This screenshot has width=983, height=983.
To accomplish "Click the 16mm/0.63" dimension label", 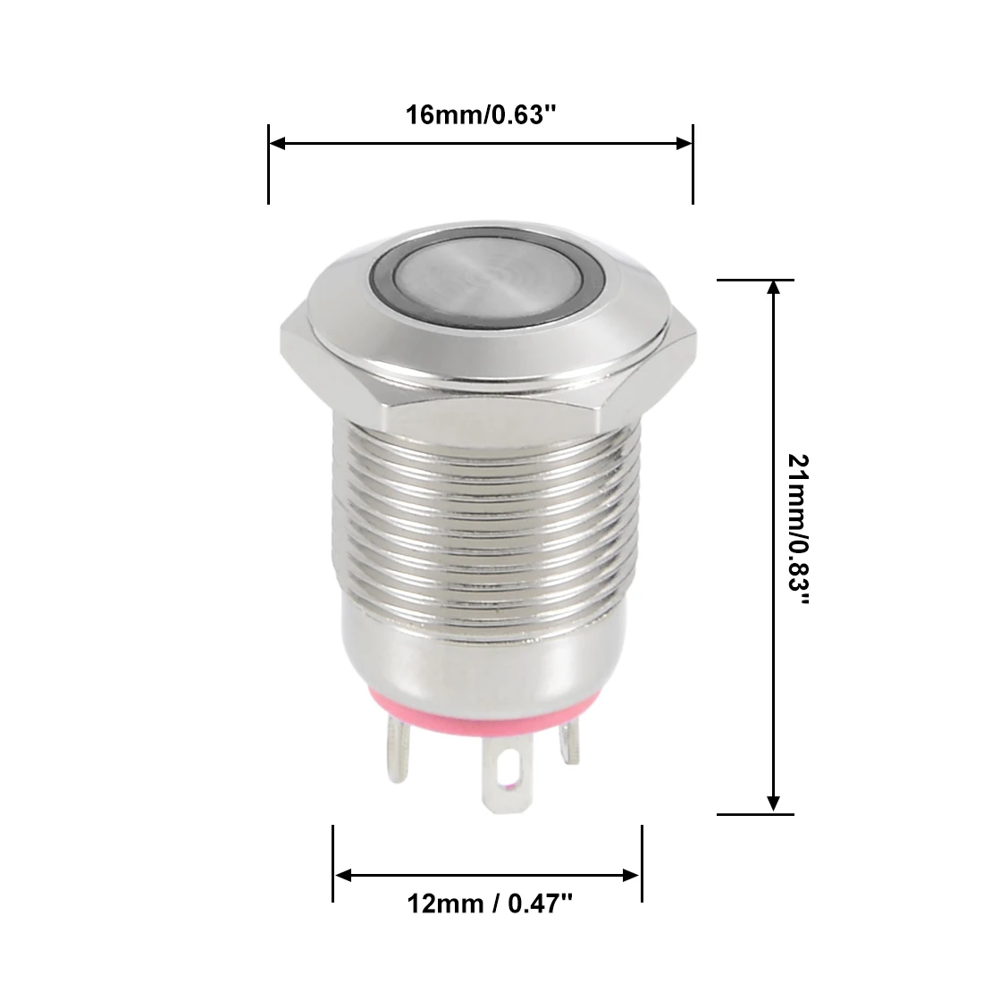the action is (481, 114).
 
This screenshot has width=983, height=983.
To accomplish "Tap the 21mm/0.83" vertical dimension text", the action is (798, 530).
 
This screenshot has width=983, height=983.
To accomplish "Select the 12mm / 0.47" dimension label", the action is (490, 903).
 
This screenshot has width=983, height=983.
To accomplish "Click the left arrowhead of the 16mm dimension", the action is (277, 144).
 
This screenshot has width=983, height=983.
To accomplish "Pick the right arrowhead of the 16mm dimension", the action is (684, 144).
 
